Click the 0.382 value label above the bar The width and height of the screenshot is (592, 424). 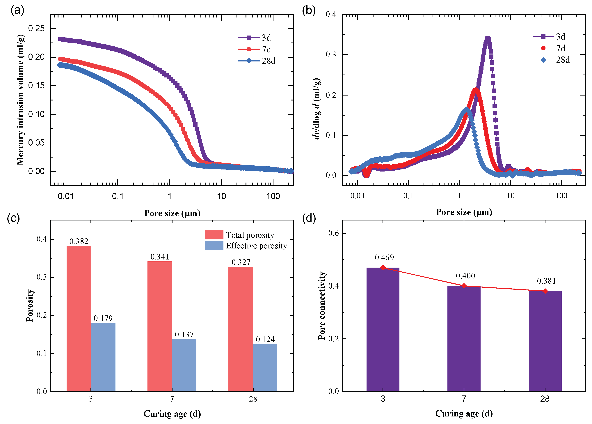click(x=79, y=241)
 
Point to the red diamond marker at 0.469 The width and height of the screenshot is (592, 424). click(x=383, y=268)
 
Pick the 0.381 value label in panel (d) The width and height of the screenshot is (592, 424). click(x=546, y=281)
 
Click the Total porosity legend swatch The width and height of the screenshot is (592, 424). click(x=214, y=235)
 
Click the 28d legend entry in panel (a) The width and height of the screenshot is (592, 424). click(x=257, y=61)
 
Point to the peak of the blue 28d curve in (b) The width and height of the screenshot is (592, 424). click(x=466, y=108)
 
